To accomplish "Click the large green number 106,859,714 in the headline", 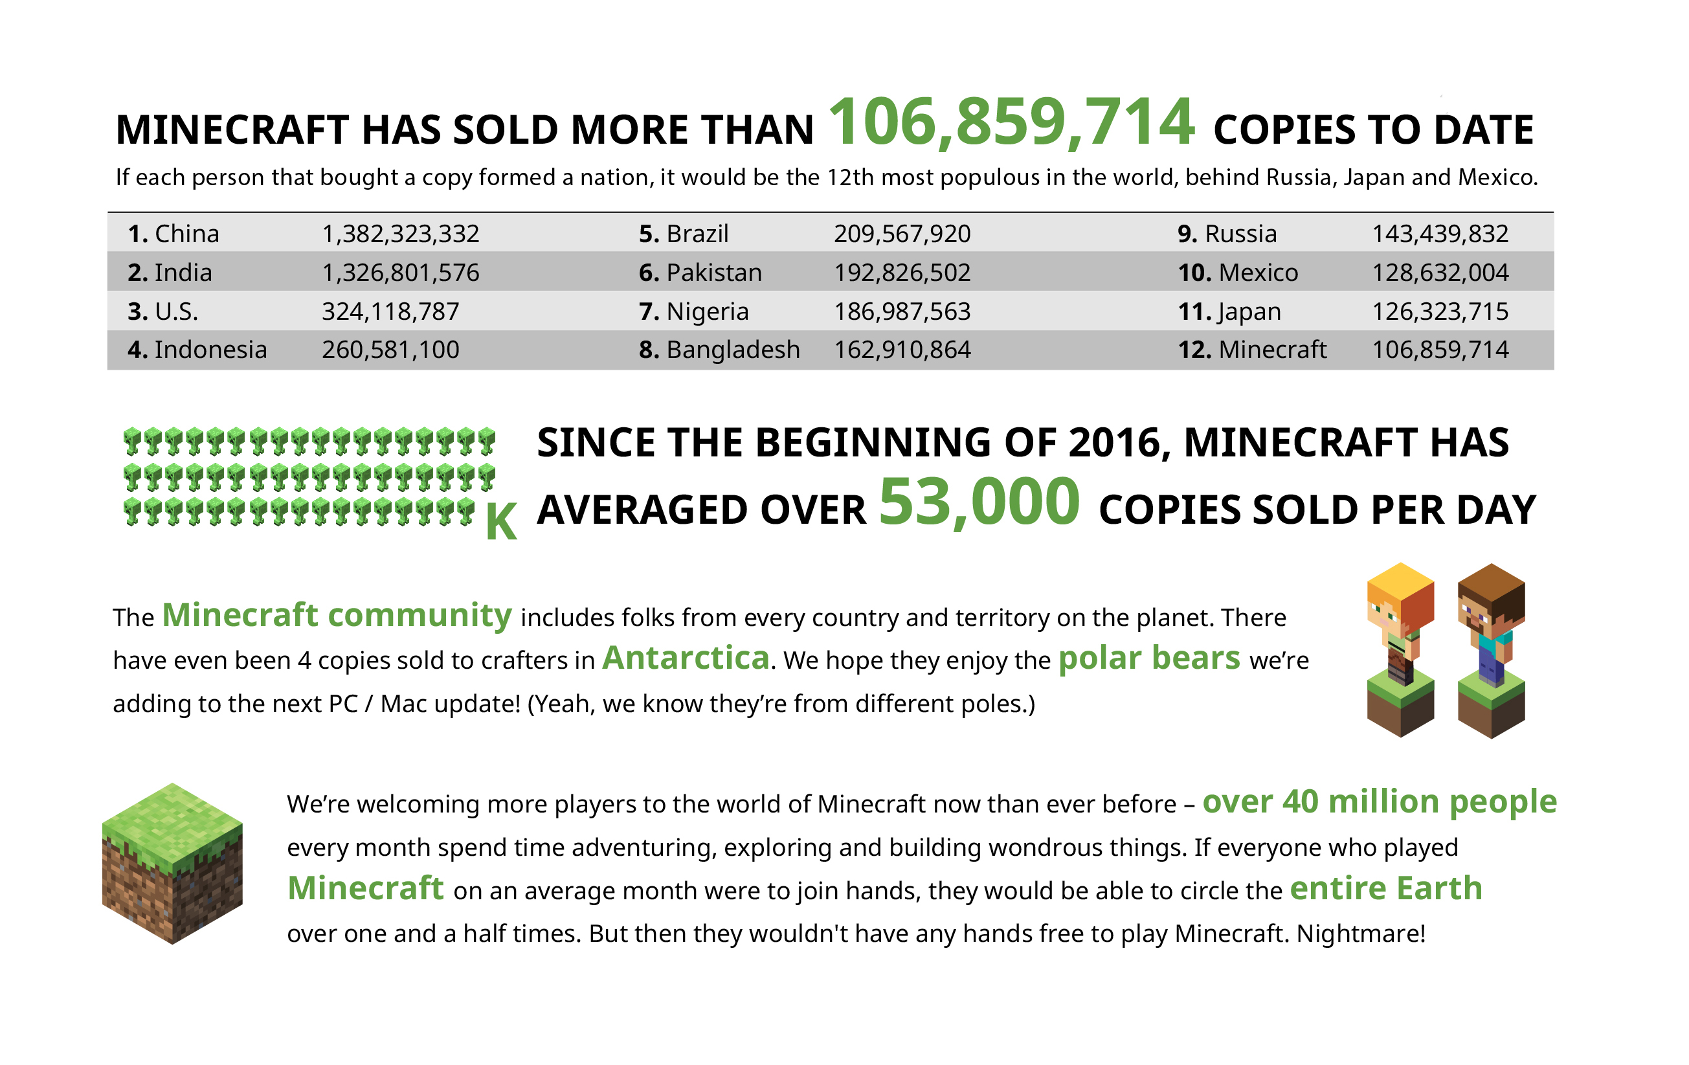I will (x=1011, y=123).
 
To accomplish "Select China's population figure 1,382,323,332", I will (x=401, y=234).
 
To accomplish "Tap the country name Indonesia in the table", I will (x=210, y=350).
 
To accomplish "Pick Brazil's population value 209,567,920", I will (x=902, y=234).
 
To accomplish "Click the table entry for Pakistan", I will (x=713, y=272).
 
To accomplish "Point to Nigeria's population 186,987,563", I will (x=902, y=311).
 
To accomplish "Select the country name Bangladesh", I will (x=733, y=350).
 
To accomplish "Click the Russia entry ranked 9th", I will (x=1240, y=234).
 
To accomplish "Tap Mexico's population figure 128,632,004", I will (x=1439, y=272).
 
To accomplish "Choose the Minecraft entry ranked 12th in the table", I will (x=1271, y=350).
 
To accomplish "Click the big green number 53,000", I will (x=979, y=502).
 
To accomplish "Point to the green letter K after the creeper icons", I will (x=502, y=522).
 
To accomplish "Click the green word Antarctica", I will (x=686, y=658).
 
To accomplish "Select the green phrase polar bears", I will (x=1149, y=658).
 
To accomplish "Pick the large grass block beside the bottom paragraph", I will (x=173, y=863).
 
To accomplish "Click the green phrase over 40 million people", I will (x=1379, y=802).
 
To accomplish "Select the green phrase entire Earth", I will (x=1386, y=888).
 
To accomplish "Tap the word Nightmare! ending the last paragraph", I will (x=1361, y=934).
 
